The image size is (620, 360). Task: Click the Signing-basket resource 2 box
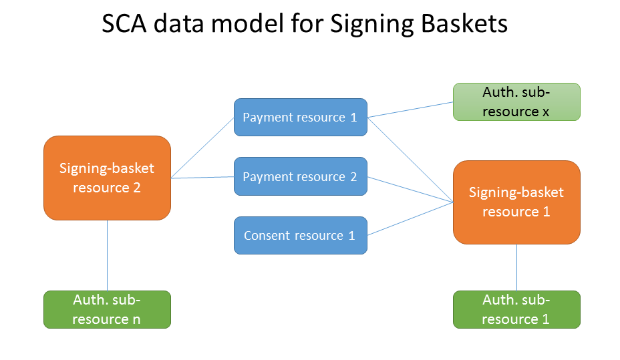click(x=107, y=178)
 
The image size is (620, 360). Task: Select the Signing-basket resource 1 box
click(x=516, y=202)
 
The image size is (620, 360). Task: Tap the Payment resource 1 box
click(x=300, y=118)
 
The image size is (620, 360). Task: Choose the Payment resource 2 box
click(x=300, y=176)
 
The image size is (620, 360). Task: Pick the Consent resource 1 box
click(x=300, y=235)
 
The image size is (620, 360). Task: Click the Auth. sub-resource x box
click(x=516, y=102)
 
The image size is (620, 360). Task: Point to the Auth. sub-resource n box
click(x=107, y=309)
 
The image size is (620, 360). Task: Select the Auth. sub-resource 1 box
click(x=516, y=309)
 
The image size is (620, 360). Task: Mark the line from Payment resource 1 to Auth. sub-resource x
click(x=410, y=110)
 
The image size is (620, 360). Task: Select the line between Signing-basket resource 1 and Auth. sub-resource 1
click(x=517, y=267)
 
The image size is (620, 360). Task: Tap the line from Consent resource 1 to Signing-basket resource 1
click(x=410, y=219)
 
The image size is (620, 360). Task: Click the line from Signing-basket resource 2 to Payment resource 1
click(x=202, y=148)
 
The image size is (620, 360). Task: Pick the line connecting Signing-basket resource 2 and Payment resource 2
click(x=202, y=178)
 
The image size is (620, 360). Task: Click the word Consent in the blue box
click(x=267, y=235)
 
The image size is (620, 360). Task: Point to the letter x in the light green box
click(x=546, y=112)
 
